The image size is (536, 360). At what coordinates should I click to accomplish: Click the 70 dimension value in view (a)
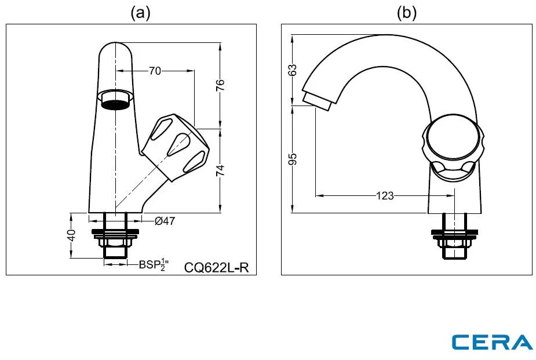tap(155, 71)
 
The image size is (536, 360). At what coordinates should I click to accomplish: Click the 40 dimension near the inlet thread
tap(71, 235)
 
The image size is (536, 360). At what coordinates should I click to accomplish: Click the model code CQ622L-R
tap(216, 267)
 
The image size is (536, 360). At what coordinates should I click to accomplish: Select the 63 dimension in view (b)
tap(293, 69)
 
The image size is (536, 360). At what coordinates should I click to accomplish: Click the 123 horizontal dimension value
tap(385, 196)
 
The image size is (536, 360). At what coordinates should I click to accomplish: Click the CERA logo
tap(492, 342)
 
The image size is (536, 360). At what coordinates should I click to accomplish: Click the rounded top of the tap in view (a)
tap(115, 50)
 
